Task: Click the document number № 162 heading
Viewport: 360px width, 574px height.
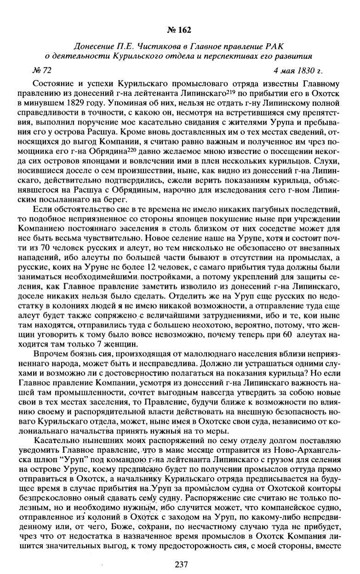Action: tap(180, 30)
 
